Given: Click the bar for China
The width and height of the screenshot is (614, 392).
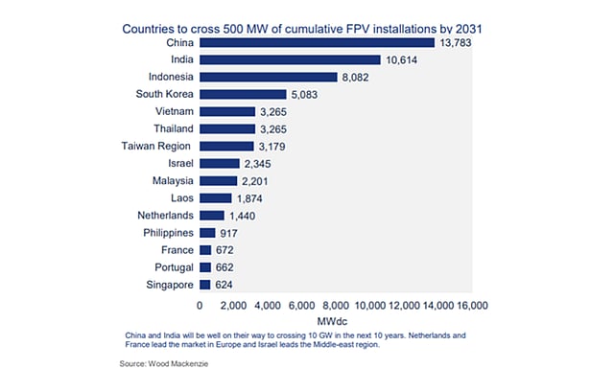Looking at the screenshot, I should (317, 43).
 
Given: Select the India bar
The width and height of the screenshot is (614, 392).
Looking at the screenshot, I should (290, 60).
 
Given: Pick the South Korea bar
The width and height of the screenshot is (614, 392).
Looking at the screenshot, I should (243, 95).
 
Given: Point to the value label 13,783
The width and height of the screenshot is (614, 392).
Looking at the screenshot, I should (459, 43).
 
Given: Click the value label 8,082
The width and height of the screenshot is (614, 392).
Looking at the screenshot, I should (361, 78).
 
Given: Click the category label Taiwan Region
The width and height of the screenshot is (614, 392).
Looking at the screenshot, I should (155, 146).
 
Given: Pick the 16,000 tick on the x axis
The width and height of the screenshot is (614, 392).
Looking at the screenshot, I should (472, 305).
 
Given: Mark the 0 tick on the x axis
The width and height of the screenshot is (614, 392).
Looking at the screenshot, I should (200, 305).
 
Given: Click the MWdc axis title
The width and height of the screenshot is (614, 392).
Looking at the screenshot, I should (336, 321).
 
